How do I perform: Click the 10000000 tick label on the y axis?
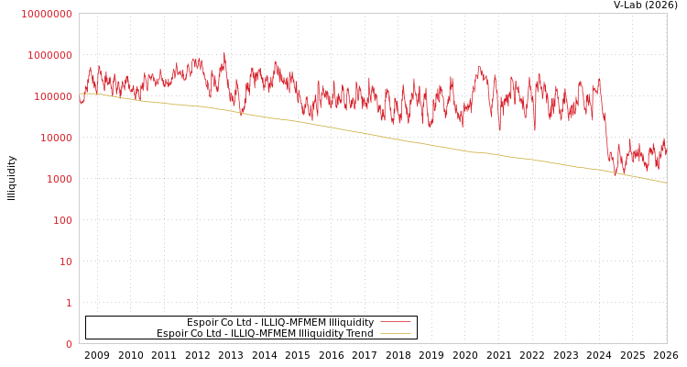click(x=46, y=14)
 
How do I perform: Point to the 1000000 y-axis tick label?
click(x=49, y=55)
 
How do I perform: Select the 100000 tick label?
click(x=52, y=96)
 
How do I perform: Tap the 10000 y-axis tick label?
click(x=55, y=138)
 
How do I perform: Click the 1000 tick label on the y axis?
click(x=59, y=179)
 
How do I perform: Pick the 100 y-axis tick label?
click(x=62, y=220)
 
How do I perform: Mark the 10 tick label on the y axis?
click(x=66, y=261)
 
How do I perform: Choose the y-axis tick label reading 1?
click(x=69, y=303)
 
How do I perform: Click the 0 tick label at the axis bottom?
click(x=69, y=344)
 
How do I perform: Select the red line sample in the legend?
click(x=395, y=322)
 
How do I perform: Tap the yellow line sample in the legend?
click(x=395, y=333)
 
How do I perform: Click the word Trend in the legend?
click(x=358, y=333)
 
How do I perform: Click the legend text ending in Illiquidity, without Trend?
click(x=280, y=322)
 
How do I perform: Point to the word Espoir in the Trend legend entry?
click(x=173, y=333)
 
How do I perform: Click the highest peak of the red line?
click(x=224, y=52)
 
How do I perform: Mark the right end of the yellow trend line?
click(x=666, y=183)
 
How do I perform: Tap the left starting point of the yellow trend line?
click(x=80, y=93)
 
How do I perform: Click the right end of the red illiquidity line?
click(x=666, y=154)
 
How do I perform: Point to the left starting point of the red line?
click(x=80, y=102)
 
